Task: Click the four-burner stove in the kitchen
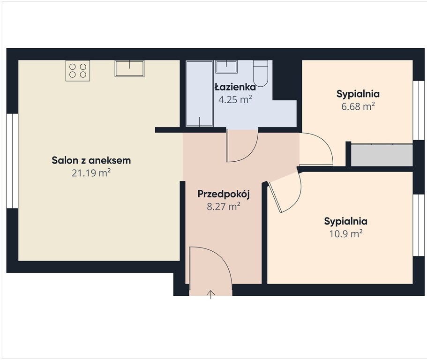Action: pos(78,70)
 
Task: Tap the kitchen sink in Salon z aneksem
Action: pos(129,68)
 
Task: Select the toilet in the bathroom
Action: pos(261,73)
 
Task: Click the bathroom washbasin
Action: pos(226,67)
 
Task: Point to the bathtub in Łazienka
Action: pos(200,94)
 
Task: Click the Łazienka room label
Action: pos(235,87)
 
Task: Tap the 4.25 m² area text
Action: pos(235,99)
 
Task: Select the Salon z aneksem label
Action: pos(91,160)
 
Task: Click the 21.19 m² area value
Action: pos(91,172)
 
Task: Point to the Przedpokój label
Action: pos(224,194)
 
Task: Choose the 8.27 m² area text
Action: pos(224,206)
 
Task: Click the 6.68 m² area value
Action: pos(358,106)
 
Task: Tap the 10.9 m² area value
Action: pos(346,233)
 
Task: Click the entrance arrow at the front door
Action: pos(211,295)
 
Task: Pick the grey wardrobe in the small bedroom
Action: pos(382,155)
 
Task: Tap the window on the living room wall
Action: pos(12,161)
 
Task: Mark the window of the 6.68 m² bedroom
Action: pos(419,111)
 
